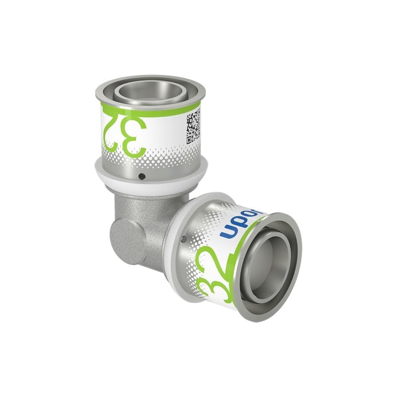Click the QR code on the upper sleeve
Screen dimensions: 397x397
point(194,127)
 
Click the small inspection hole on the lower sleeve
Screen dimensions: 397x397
point(184,240)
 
